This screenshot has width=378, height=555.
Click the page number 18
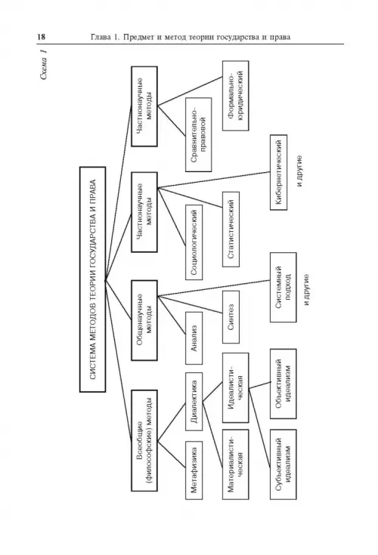point(41,37)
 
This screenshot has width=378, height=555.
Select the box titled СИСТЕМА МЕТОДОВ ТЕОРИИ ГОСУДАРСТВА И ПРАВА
point(93,279)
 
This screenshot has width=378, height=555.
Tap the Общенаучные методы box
point(144,320)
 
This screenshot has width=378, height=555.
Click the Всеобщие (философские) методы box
point(144,441)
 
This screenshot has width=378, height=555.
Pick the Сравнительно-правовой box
point(198,135)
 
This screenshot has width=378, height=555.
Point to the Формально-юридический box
point(236,96)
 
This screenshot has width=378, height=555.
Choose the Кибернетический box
point(278,172)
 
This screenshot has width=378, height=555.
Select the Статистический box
point(231,230)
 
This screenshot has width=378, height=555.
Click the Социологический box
point(194,242)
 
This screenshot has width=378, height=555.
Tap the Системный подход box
point(283,287)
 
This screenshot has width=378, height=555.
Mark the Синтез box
point(231,317)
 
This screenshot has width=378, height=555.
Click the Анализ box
point(194,338)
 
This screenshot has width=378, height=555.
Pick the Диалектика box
point(194,402)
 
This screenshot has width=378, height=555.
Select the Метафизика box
point(194,470)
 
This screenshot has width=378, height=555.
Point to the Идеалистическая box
point(236,387)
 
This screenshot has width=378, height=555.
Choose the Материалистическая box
point(236,464)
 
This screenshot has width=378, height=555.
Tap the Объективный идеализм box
point(283,384)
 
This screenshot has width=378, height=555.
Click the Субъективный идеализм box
point(283,464)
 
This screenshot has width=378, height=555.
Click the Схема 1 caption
point(43,64)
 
